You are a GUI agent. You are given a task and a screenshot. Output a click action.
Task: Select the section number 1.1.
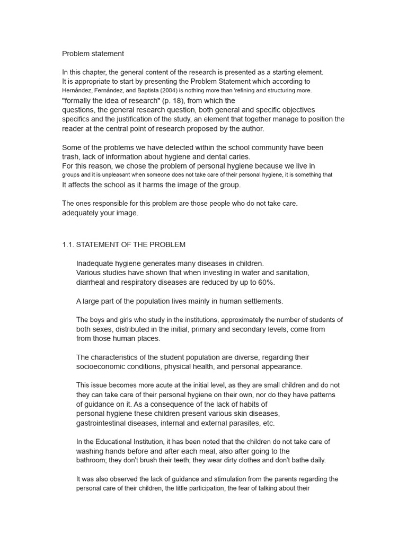68,244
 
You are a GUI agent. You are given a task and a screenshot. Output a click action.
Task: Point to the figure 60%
266,282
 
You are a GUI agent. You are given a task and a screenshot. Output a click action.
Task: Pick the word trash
71,156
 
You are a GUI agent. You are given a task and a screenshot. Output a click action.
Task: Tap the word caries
239,156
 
